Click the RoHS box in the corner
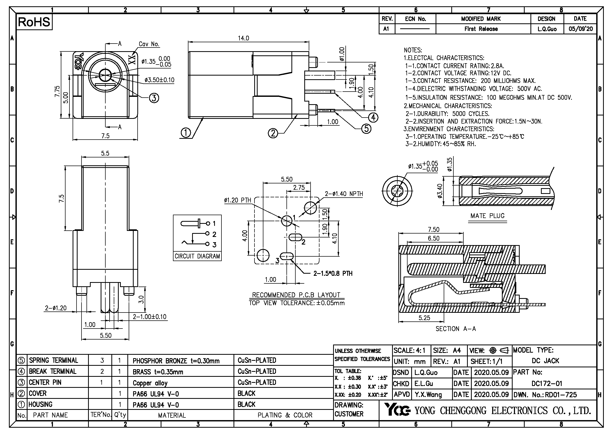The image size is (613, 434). pos(34,22)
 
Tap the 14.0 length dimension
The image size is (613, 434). pos(243,38)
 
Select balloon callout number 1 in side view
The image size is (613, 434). pos(186,133)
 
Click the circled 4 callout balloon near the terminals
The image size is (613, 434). pos(373,117)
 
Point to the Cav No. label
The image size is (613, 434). pos(149,44)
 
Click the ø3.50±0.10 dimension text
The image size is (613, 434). pos(159,80)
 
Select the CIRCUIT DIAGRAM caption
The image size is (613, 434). pos(197,256)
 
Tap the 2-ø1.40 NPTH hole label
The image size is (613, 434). pos(344,194)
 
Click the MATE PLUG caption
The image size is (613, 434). pos(487,216)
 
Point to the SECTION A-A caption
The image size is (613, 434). pos(456,329)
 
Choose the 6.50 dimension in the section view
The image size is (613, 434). pos(433,238)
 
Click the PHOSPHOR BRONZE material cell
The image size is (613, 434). pos(176,361)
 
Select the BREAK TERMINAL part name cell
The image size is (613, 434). pos(53,372)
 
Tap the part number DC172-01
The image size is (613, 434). pos(547,384)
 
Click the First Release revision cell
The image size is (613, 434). pos(481,29)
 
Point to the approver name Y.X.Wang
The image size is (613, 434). pos(428,394)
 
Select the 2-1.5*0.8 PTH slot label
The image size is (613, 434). pos(333,273)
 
